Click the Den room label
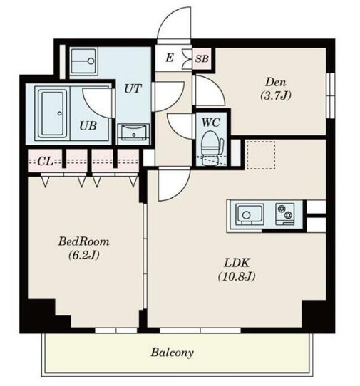tap(276, 82)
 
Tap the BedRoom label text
tap(84, 241)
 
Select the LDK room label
tap(237, 263)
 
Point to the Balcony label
tap(172, 353)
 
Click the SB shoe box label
tap(202, 58)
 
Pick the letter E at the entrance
tap(169, 58)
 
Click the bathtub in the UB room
tap(53, 114)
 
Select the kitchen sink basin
tap(250, 214)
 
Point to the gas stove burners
tap(285, 212)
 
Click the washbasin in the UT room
tap(133, 134)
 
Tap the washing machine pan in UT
tap(83, 61)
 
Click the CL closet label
tap(45, 161)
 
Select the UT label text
tap(133, 88)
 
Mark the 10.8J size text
tap(236, 276)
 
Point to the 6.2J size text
tap(84, 255)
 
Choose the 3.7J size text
tap(276, 95)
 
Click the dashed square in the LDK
tap(261, 155)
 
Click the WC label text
tap(210, 122)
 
